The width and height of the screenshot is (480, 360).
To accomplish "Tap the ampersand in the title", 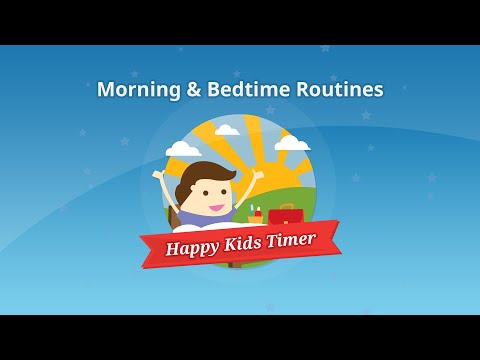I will coord(194,89).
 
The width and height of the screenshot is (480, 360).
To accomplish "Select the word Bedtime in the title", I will coord(250,89).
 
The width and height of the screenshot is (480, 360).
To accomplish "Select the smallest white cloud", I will coord(227,129).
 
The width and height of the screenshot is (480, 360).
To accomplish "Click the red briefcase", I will coord(287,215).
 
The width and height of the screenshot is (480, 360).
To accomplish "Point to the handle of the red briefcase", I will coord(287,206).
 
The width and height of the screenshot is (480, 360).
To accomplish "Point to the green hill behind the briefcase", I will coord(300,190).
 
